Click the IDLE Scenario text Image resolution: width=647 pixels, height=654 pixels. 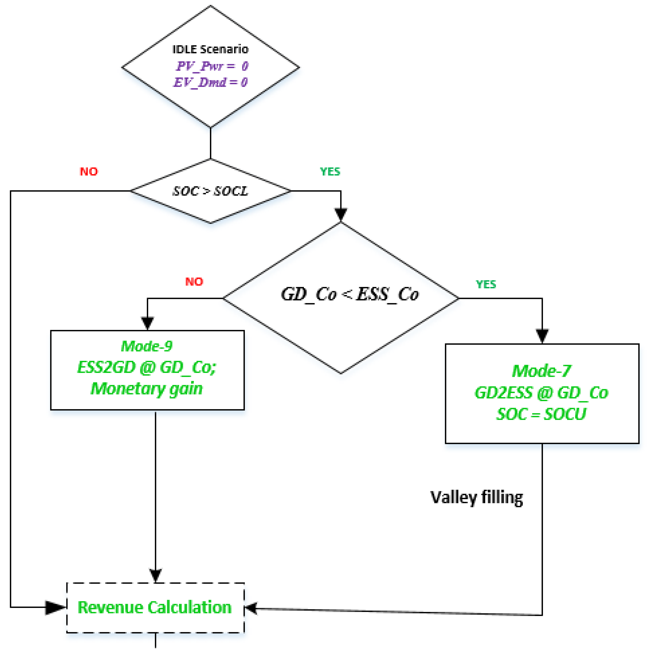(x=210, y=49)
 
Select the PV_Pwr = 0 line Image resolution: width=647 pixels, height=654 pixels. (x=212, y=66)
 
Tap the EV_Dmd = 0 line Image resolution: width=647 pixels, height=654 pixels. (x=210, y=82)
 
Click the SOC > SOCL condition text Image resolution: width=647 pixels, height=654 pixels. (x=210, y=191)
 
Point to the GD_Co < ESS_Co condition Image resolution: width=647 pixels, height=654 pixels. (x=350, y=294)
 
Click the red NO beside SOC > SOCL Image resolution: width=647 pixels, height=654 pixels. (x=89, y=172)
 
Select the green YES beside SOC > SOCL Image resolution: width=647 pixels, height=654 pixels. (x=330, y=172)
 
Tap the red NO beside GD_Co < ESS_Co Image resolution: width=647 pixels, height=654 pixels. (x=194, y=282)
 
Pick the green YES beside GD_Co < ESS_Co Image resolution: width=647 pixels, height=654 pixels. (x=486, y=284)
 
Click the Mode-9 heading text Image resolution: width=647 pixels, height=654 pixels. (x=147, y=346)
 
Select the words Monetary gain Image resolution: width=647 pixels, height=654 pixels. (x=147, y=389)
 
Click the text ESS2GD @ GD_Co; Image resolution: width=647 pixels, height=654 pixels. (x=147, y=367)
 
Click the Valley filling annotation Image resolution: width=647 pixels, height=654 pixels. (x=476, y=498)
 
